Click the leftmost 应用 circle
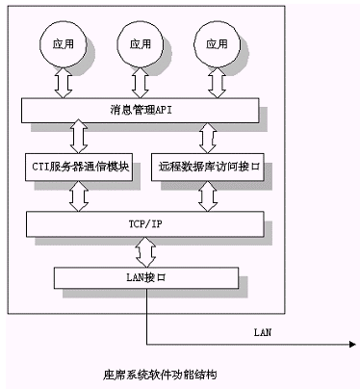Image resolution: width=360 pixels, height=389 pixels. [x=64, y=44]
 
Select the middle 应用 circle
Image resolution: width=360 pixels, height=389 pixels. [x=141, y=44]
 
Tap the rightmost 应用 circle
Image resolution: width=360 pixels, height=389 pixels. [x=217, y=44]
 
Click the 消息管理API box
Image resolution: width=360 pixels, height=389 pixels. [x=141, y=111]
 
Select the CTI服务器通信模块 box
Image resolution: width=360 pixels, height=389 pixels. [x=79, y=167]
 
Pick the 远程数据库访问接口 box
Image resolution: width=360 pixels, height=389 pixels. [x=208, y=167]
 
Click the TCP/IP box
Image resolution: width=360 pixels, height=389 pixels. [x=145, y=224]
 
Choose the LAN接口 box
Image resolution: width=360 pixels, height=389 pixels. [x=146, y=277]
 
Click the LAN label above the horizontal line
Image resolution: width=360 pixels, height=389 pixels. [x=263, y=332]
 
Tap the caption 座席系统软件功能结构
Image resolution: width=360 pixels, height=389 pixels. [x=160, y=375]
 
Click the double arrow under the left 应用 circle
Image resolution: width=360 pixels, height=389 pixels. [x=64, y=83]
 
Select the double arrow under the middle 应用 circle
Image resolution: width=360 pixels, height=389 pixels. [x=141, y=83]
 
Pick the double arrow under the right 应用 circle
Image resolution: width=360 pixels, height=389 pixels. [x=217, y=83]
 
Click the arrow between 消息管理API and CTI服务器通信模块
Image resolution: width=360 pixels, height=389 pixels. [x=79, y=137]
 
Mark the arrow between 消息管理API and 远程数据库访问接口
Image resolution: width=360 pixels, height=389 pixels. [x=208, y=138]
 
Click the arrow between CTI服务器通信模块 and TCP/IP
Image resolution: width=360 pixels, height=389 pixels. [x=79, y=196]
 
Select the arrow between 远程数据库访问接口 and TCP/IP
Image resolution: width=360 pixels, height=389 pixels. [x=208, y=196]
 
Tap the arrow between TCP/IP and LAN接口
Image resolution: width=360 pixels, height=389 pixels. [x=146, y=252]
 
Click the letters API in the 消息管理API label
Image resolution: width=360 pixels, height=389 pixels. [x=164, y=111]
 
